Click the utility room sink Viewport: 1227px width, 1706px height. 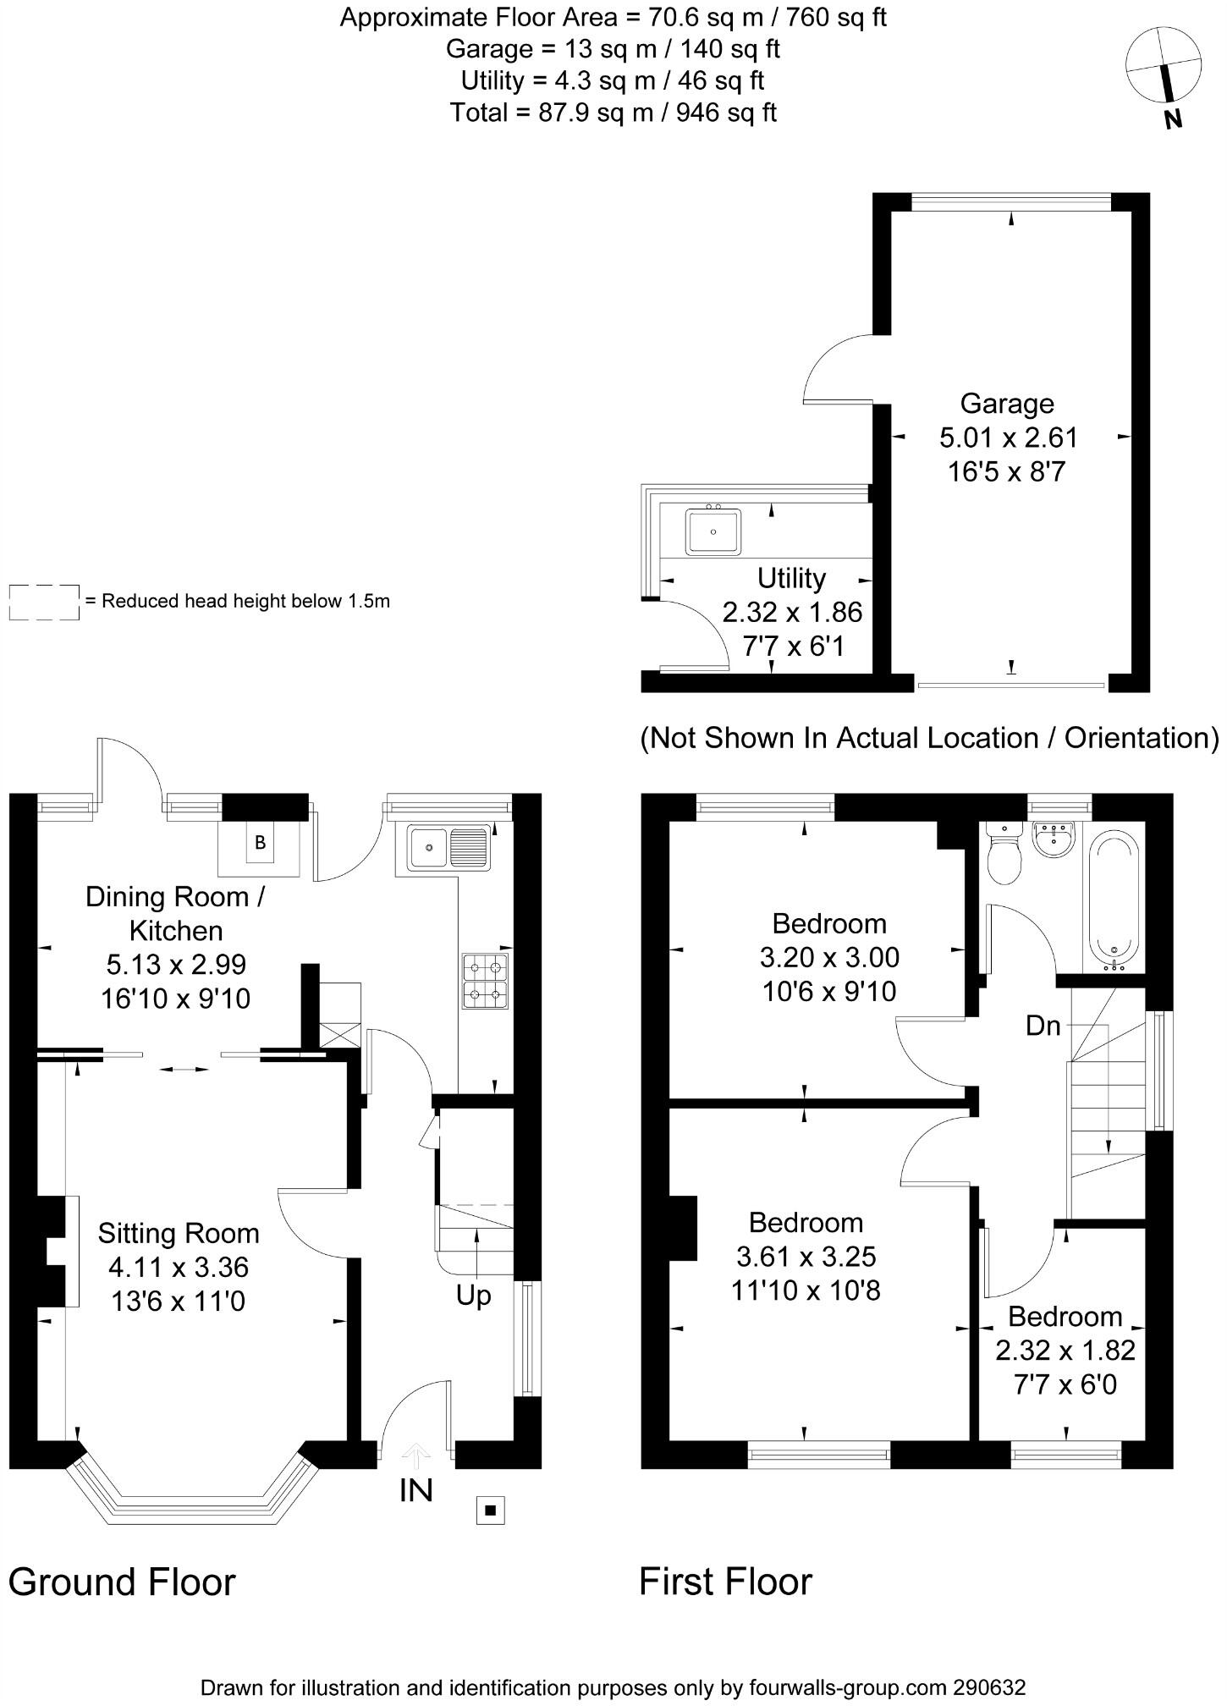pos(713,531)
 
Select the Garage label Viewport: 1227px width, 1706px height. pos(1007,403)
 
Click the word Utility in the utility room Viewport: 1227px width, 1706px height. pos(791,578)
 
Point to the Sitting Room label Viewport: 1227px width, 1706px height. pos(179,1233)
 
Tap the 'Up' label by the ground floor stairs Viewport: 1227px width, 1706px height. pos(473,1296)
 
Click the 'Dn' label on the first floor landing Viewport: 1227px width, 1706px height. pos(1043,1026)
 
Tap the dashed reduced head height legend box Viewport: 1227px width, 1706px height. pos(44,602)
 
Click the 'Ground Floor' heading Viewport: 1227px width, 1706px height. pos(122,1582)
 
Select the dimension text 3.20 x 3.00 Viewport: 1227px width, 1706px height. pos(829,957)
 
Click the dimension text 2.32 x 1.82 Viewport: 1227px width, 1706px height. pos(1065,1350)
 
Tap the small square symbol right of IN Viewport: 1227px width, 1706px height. pos(490,1509)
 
